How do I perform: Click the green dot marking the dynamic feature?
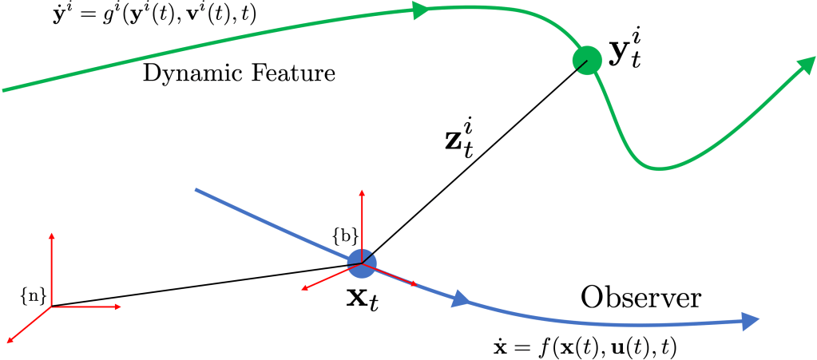coord(587,59)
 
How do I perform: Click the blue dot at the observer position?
coord(362,263)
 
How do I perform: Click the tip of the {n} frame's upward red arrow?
coord(52,234)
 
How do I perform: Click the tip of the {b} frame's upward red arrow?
coord(362,192)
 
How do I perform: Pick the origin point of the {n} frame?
coord(52,307)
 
